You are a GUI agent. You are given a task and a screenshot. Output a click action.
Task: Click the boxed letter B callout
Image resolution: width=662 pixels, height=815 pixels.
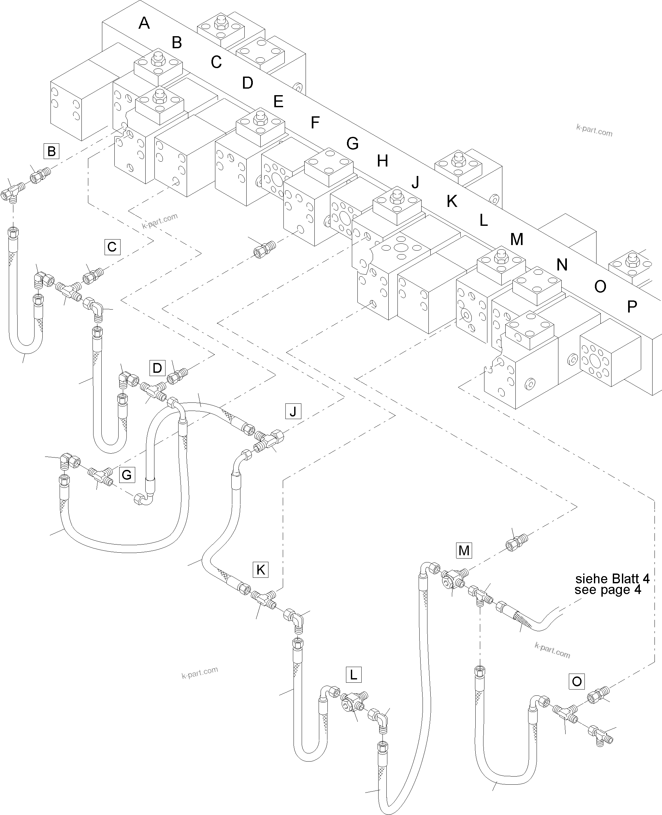51,151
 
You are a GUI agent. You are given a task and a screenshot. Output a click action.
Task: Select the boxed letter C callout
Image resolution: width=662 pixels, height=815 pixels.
112,247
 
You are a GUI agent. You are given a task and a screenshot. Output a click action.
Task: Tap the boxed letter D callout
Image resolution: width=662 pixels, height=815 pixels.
157,368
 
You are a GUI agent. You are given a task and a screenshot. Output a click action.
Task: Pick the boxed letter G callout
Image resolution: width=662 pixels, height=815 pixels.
127,475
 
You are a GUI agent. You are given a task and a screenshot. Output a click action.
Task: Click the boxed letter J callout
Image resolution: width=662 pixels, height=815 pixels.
293,412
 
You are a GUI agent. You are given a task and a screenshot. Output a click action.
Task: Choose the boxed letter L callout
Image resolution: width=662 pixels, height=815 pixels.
353,675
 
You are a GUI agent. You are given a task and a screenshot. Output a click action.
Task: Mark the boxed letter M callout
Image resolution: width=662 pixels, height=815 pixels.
464,550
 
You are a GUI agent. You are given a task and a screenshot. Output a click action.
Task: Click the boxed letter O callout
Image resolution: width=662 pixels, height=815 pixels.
577,681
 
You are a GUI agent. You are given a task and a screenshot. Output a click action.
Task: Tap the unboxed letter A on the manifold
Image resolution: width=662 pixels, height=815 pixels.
144,23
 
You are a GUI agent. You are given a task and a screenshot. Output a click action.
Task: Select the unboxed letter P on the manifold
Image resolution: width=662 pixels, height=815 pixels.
632,306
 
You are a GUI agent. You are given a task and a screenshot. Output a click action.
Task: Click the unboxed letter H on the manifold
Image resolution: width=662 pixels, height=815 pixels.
382,161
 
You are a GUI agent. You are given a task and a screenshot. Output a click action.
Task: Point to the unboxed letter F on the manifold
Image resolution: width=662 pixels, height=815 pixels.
315,123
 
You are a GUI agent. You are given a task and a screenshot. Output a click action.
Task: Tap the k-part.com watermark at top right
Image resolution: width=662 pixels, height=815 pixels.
594,131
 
